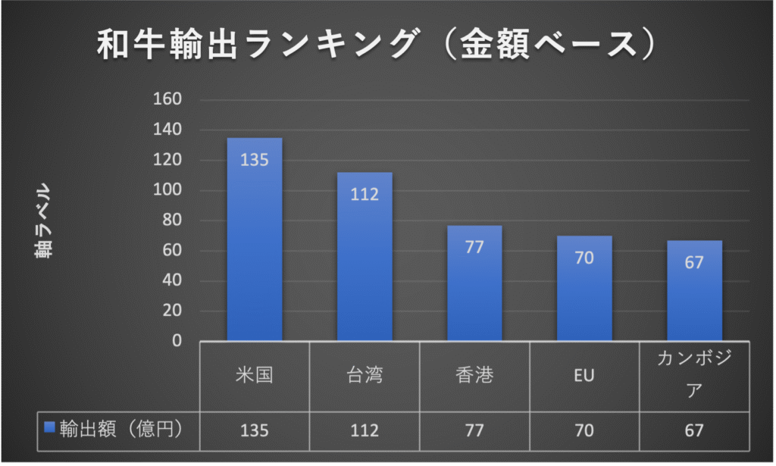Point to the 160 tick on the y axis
click(167, 99)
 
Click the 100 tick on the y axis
click(167, 190)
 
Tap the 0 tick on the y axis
click(176, 341)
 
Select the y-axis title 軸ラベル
click(43, 220)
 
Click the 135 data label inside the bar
click(255, 160)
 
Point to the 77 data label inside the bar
click(474, 247)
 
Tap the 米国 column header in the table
click(255, 376)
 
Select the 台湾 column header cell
click(365, 376)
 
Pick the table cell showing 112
click(365, 430)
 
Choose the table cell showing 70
click(584, 430)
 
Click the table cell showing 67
click(694, 430)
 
